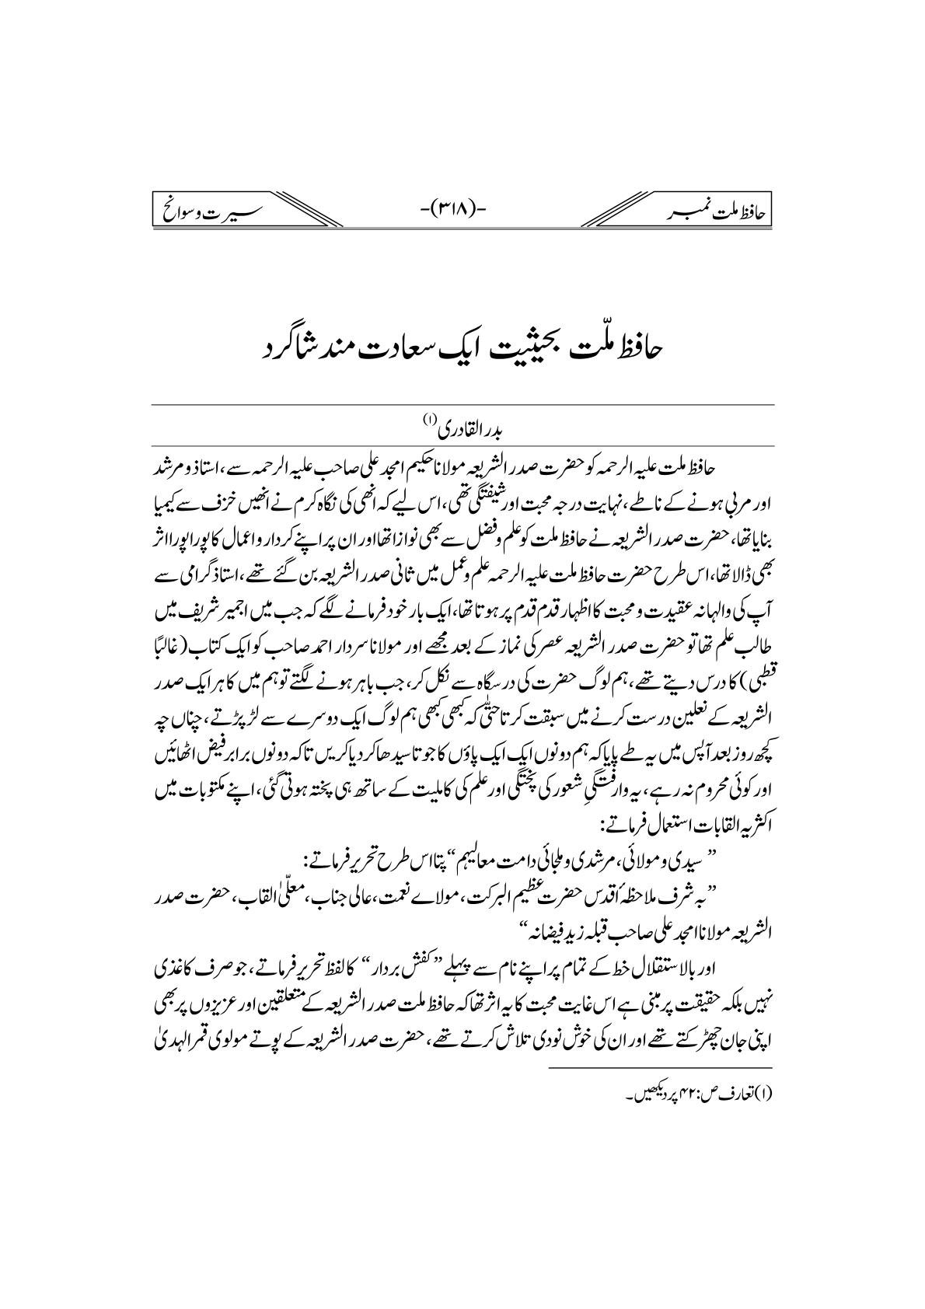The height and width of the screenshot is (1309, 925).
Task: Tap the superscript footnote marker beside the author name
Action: [x=428, y=419]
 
